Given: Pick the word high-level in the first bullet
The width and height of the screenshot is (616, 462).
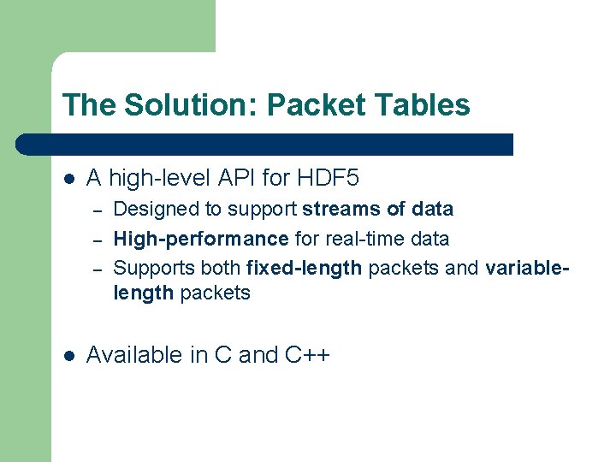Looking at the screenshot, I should point(158,178).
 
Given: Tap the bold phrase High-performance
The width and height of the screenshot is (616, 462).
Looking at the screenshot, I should point(201,239).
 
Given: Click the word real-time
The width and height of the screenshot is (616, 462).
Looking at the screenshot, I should point(358,239).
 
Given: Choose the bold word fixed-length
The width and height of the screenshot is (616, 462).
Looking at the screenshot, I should point(304,268).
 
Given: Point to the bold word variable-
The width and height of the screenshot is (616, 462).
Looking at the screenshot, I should point(526,268).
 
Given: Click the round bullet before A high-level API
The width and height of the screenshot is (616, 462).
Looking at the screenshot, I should point(69,179).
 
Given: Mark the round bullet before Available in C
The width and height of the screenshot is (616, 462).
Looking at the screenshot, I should point(69,355).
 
